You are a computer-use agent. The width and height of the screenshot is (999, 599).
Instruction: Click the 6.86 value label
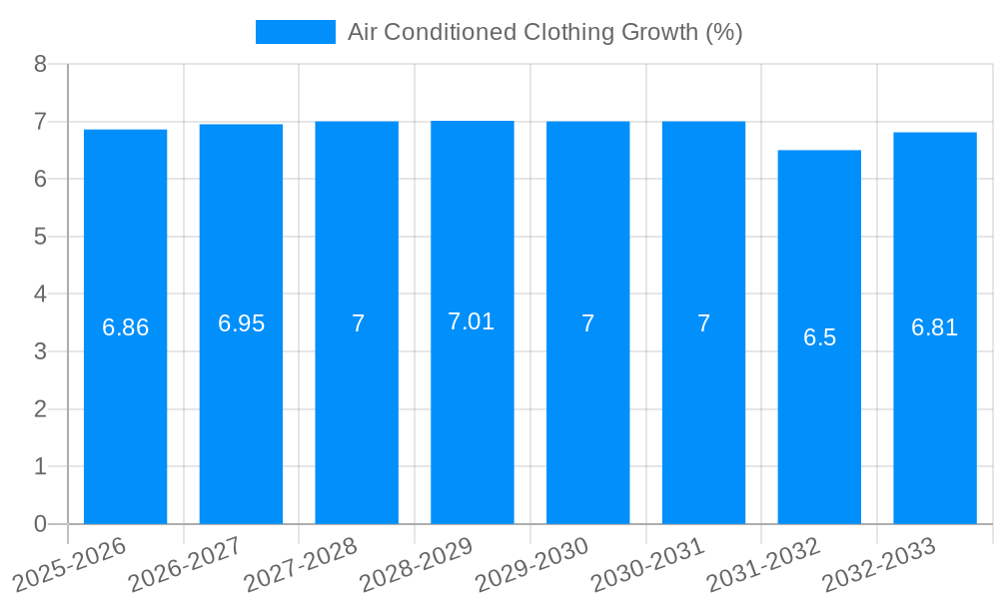(x=126, y=327)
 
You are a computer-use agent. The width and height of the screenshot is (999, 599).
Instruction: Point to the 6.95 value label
(x=242, y=323)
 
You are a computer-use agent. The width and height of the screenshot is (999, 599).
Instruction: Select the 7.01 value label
(x=472, y=321)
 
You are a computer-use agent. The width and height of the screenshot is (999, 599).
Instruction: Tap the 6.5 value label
(x=819, y=337)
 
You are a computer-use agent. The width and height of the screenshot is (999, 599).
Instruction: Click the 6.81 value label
(x=935, y=327)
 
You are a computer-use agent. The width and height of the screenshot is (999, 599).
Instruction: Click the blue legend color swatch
(x=295, y=32)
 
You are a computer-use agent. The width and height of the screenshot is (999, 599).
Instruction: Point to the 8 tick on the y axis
(x=40, y=64)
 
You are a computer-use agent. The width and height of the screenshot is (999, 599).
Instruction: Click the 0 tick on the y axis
(x=40, y=524)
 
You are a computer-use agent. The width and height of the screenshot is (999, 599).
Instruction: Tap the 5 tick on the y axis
(x=40, y=237)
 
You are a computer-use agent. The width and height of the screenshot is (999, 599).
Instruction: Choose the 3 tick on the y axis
(x=40, y=351)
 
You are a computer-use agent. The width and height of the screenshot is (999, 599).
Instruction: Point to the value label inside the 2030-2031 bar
(x=704, y=323)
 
